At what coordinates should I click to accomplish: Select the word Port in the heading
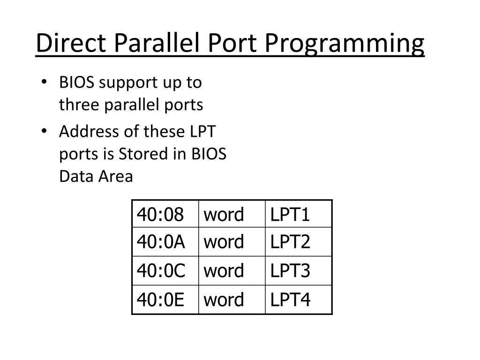(x=229, y=44)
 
